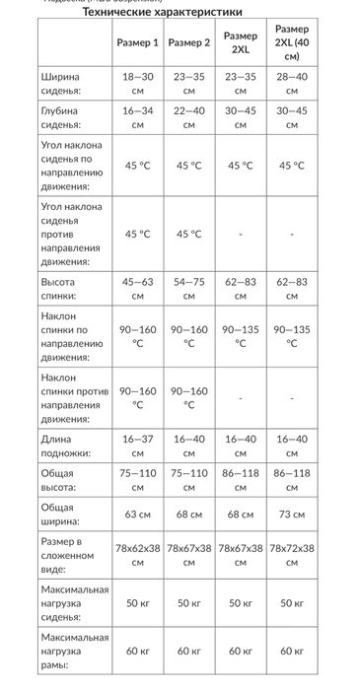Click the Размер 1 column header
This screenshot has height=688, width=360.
(137, 42)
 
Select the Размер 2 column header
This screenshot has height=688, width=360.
(188, 42)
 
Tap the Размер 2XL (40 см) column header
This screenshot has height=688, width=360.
(291, 42)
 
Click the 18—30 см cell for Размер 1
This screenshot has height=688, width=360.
(137, 84)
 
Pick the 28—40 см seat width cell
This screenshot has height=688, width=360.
(291, 84)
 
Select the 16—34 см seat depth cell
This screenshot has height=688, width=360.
(137, 120)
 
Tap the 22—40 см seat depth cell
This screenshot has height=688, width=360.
(188, 120)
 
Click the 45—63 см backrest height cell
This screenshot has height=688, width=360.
(137, 290)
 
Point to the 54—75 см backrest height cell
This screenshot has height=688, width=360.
(188, 290)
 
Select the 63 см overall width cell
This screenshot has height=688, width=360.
(137, 514)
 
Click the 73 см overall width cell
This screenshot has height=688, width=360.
(291, 514)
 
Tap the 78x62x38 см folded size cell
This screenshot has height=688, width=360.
(137, 555)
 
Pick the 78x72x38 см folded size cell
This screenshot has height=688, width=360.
(291, 555)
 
